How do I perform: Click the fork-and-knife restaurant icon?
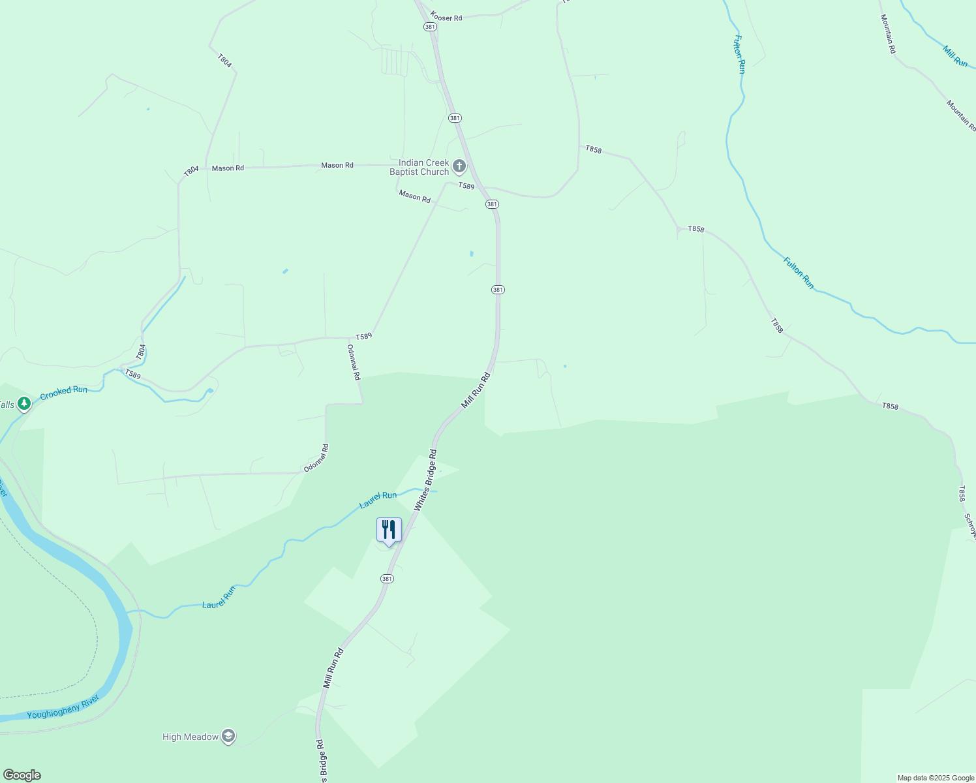click(x=389, y=530)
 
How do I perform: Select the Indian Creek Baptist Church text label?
click(x=419, y=168)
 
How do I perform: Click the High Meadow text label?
click(x=191, y=737)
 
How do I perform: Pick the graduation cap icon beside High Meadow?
click(x=228, y=737)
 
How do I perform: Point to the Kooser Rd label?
click(x=446, y=18)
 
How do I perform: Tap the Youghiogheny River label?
click(x=63, y=707)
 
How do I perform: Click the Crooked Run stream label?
click(x=63, y=393)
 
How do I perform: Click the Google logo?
click(x=22, y=775)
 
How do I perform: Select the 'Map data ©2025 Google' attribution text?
click(x=936, y=777)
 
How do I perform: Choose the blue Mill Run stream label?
click(x=955, y=56)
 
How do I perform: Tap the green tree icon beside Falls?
click(x=24, y=405)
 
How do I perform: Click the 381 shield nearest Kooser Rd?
click(x=430, y=27)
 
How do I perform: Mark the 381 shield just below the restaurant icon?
click(x=387, y=579)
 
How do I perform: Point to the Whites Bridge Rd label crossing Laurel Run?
click(x=425, y=480)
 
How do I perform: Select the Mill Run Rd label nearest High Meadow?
click(x=333, y=668)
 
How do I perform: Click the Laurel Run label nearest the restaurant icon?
click(x=378, y=500)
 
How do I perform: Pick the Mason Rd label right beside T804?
click(x=228, y=168)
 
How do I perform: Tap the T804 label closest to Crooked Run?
click(x=142, y=352)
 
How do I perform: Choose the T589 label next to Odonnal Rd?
click(x=363, y=336)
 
